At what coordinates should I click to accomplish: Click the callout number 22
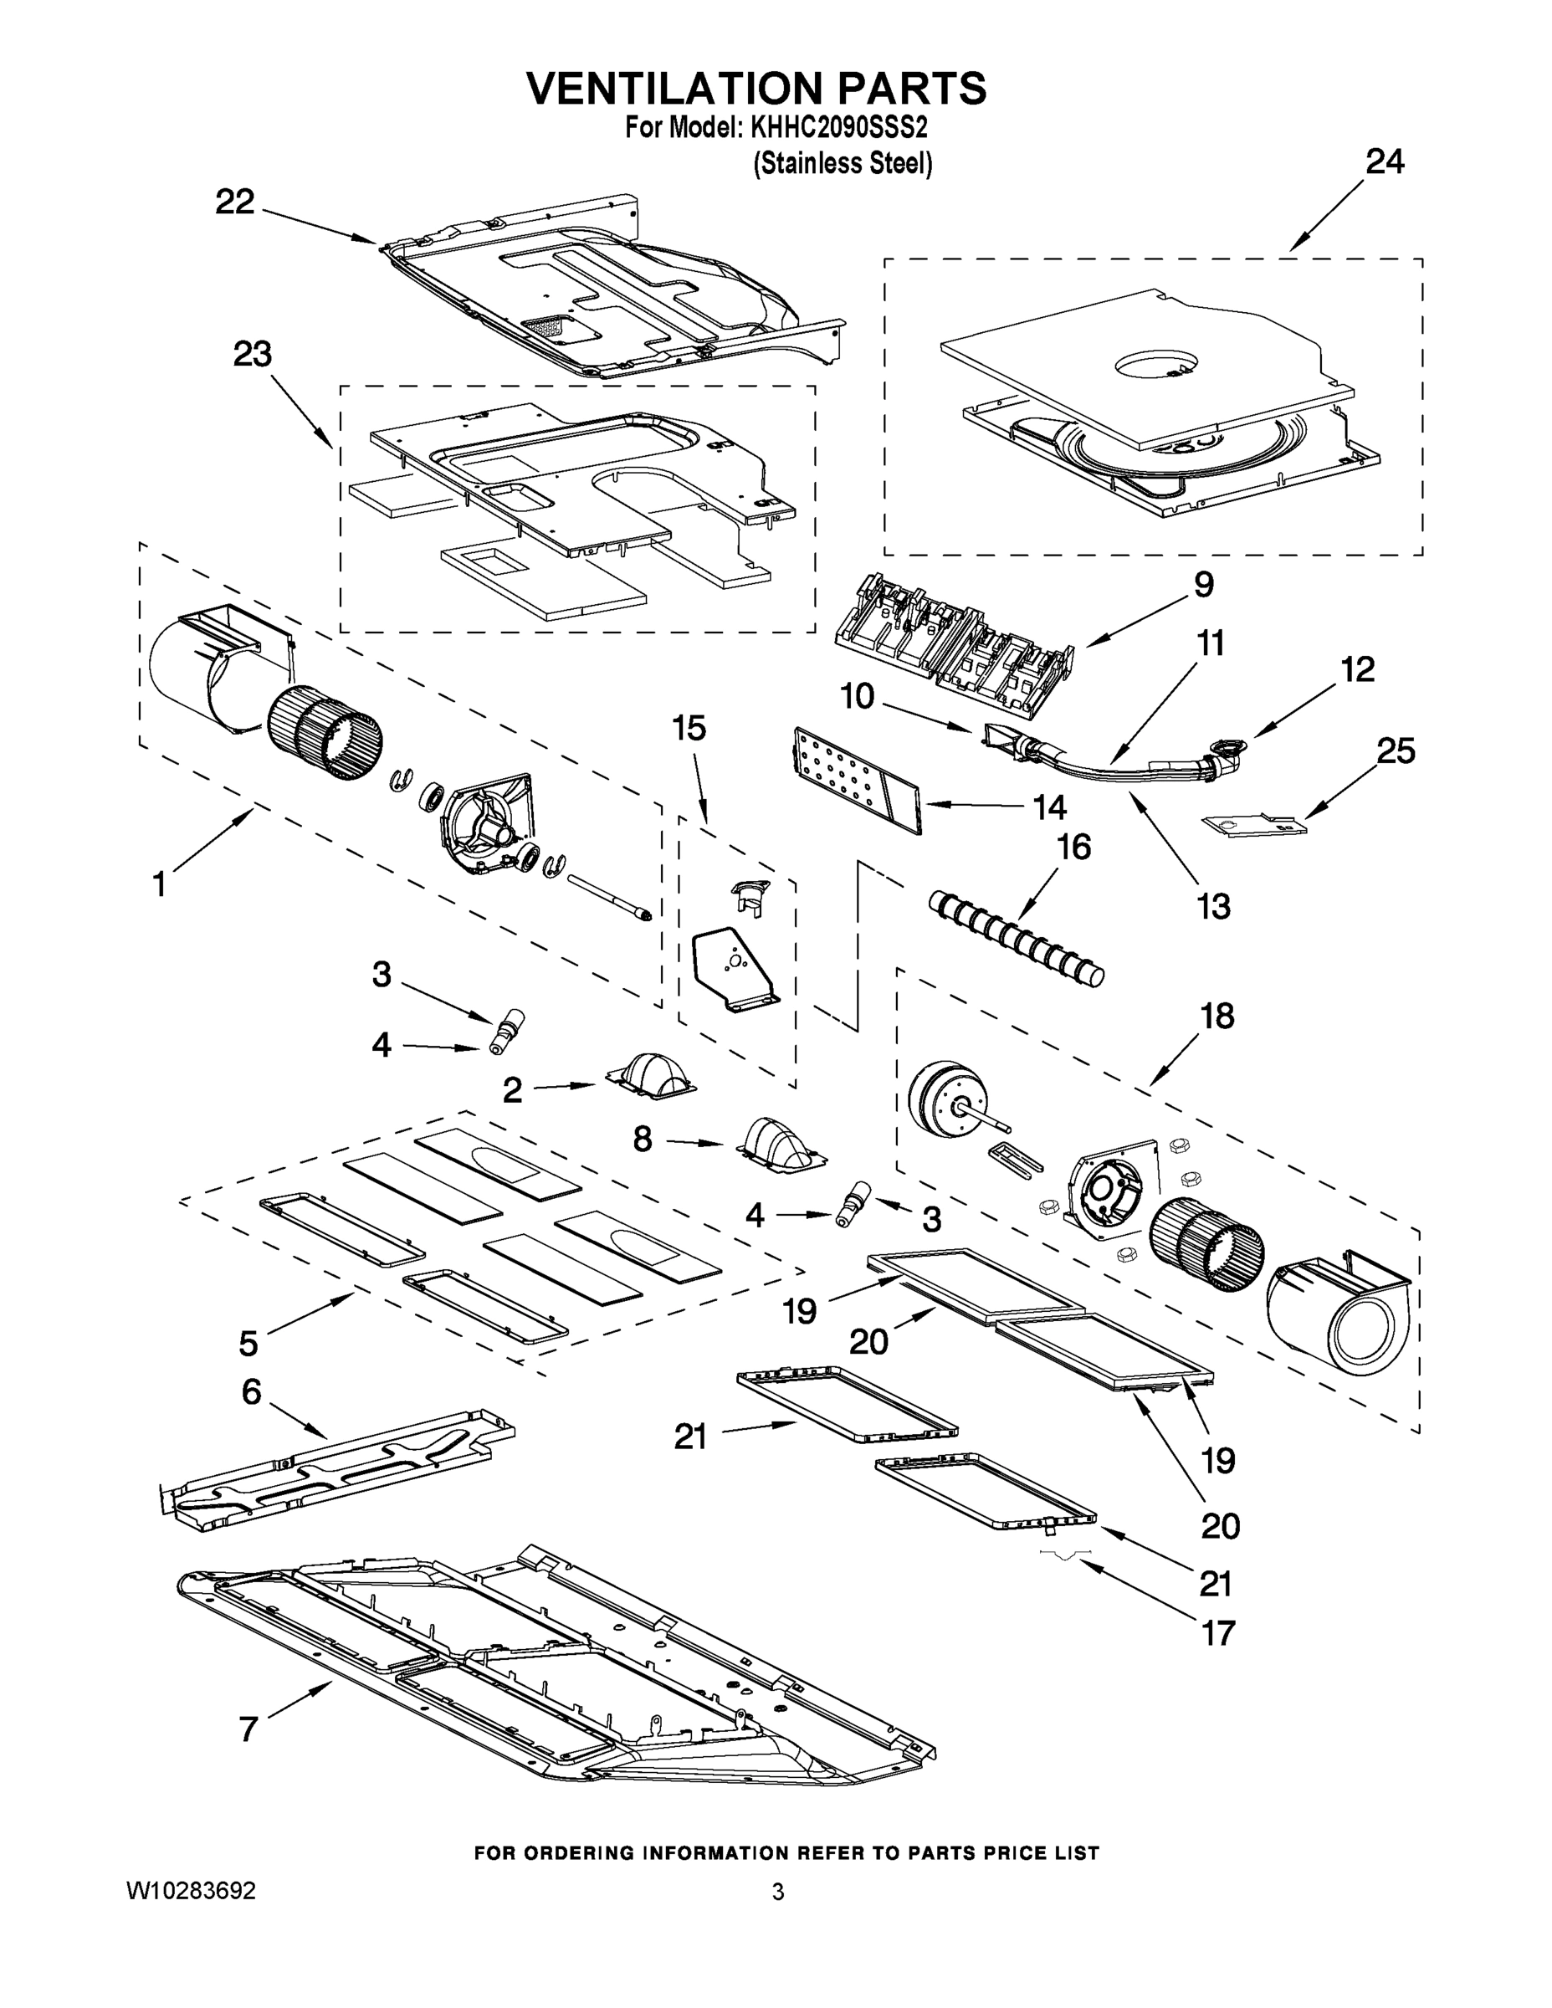click(234, 202)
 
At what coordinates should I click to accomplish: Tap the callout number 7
click(248, 1729)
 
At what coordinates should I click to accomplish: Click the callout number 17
click(1217, 1633)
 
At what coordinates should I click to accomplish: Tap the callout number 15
click(689, 728)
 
